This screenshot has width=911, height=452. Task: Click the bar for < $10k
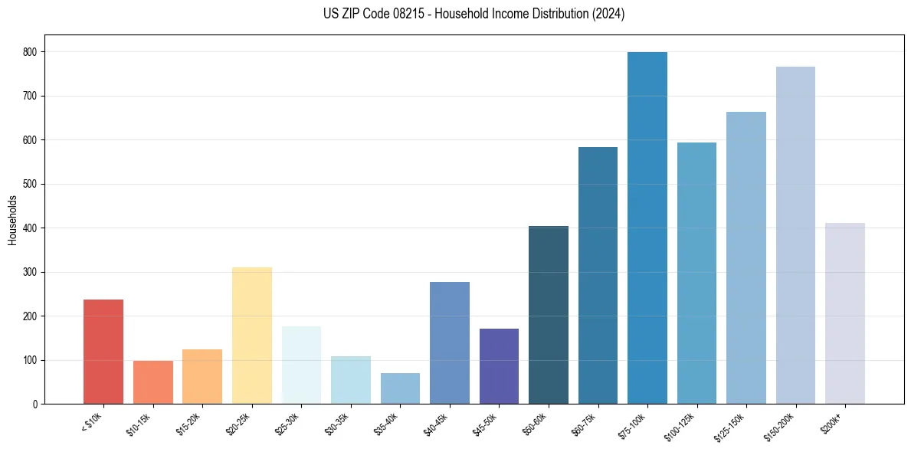103,352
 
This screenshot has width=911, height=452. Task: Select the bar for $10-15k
153,382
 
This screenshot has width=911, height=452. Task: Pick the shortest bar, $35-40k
400,388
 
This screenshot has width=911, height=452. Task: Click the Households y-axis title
12,220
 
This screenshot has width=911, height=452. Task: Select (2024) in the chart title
609,14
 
